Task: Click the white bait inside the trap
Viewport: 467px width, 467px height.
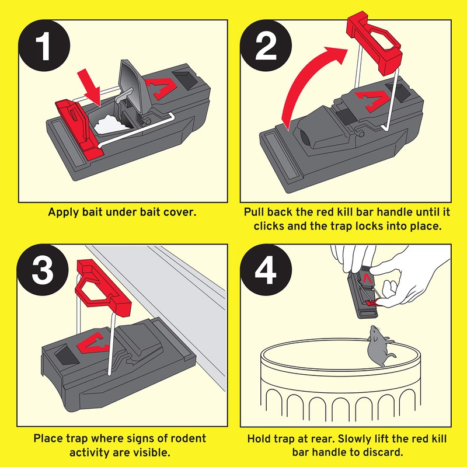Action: pyautogui.click(x=108, y=123)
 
